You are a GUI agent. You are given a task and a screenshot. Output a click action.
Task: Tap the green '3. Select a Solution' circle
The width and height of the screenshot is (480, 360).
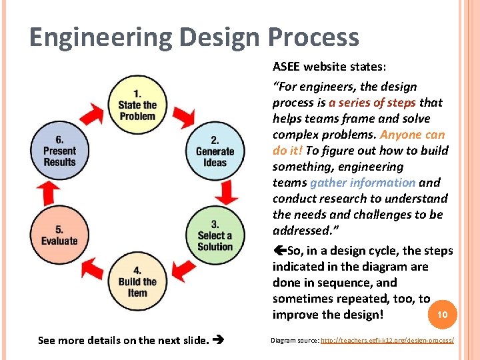[x=215, y=235]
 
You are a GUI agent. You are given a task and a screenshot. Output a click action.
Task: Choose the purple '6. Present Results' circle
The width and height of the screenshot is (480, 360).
[x=59, y=151]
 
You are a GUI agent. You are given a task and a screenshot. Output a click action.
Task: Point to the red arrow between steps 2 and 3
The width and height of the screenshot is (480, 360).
[x=227, y=193]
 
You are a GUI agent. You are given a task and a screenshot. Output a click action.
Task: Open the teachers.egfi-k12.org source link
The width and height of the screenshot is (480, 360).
[x=387, y=340]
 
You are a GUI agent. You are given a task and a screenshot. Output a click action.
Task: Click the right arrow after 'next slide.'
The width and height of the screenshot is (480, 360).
[x=217, y=341]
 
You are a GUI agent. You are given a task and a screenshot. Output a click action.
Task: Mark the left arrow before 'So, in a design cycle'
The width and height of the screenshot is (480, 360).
[x=279, y=251]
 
